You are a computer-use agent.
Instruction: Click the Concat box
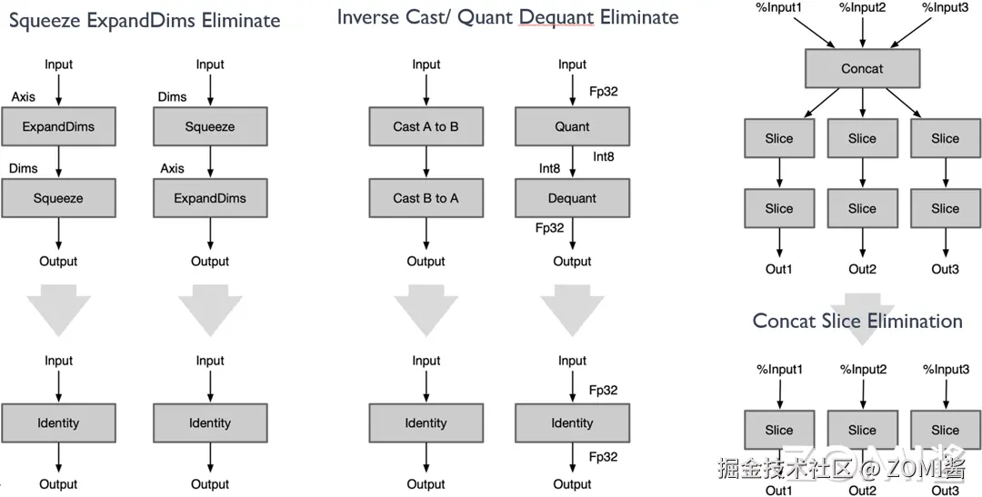click(862, 68)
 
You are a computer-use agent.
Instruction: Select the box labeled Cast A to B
click(426, 126)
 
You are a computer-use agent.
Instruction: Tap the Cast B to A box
click(426, 198)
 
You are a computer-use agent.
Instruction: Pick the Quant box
click(573, 126)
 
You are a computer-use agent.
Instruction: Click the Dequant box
click(573, 198)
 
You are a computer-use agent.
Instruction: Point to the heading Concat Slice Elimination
click(857, 321)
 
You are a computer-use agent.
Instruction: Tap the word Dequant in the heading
click(556, 17)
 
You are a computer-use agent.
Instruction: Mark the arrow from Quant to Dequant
click(573, 162)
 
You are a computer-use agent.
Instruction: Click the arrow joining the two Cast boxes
click(426, 162)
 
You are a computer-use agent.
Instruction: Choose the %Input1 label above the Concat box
click(780, 7)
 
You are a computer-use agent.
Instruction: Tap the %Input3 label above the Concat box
click(946, 7)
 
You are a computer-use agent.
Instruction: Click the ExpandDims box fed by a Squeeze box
click(210, 198)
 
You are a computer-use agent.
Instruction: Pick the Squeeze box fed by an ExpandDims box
click(58, 198)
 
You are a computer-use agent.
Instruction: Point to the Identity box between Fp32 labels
click(573, 423)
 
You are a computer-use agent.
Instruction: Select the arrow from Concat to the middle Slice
click(862, 103)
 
